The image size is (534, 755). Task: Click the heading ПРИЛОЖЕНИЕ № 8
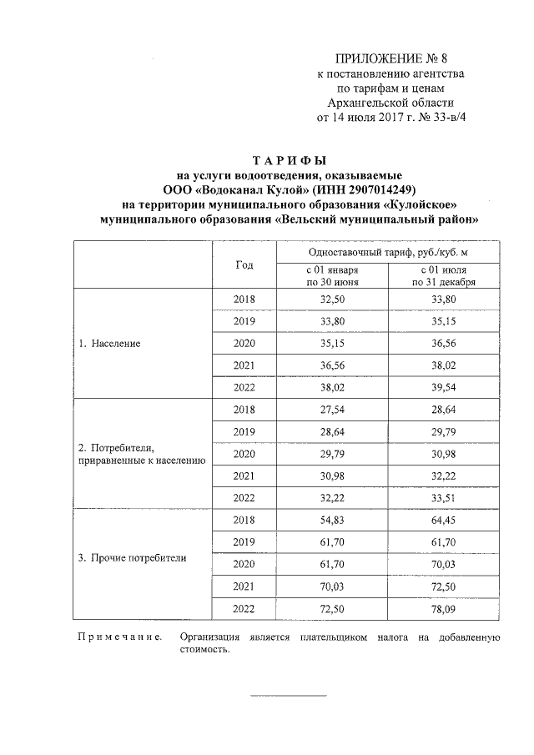[x=390, y=58]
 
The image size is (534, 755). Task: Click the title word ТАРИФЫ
[x=288, y=160]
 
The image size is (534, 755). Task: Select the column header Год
[x=244, y=264]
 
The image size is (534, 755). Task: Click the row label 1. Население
[x=109, y=344]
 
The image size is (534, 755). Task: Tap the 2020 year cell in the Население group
[x=244, y=344]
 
